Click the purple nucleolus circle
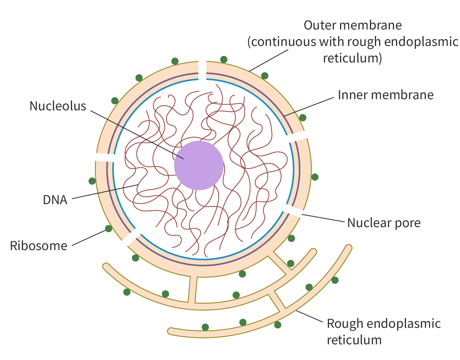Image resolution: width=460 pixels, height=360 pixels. (x=199, y=165)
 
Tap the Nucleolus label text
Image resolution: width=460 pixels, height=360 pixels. (x=58, y=106)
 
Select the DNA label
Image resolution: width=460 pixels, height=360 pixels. (x=55, y=200)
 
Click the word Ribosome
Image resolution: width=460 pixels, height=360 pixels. (x=39, y=246)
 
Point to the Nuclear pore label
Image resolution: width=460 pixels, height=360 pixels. (x=384, y=223)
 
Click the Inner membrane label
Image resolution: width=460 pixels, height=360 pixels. (x=386, y=95)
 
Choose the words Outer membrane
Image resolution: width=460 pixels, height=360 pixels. (x=353, y=25)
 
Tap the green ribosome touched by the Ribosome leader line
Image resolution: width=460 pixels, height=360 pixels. (x=108, y=228)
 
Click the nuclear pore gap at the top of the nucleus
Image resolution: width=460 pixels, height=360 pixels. (x=202, y=70)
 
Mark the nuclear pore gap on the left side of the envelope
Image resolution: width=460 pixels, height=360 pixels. (x=105, y=157)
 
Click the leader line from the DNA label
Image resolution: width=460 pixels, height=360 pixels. (x=105, y=192)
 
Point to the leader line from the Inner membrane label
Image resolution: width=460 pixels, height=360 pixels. (x=309, y=107)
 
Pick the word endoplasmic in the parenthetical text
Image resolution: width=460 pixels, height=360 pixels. (x=421, y=42)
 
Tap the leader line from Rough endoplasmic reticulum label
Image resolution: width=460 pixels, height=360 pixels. (x=309, y=316)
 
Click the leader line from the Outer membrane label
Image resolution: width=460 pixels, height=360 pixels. (x=268, y=61)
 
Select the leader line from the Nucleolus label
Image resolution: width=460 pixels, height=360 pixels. (x=137, y=135)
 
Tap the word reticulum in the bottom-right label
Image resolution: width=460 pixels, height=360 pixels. (x=354, y=340)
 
